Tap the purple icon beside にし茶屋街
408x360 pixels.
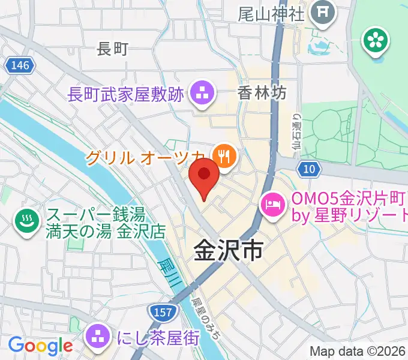[97, 337]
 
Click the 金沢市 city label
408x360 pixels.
[228, 252]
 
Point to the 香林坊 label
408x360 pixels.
[262, 93]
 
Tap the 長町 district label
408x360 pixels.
[113, 49]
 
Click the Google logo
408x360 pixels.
[40, 346]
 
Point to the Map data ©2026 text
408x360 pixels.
[358, 351]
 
